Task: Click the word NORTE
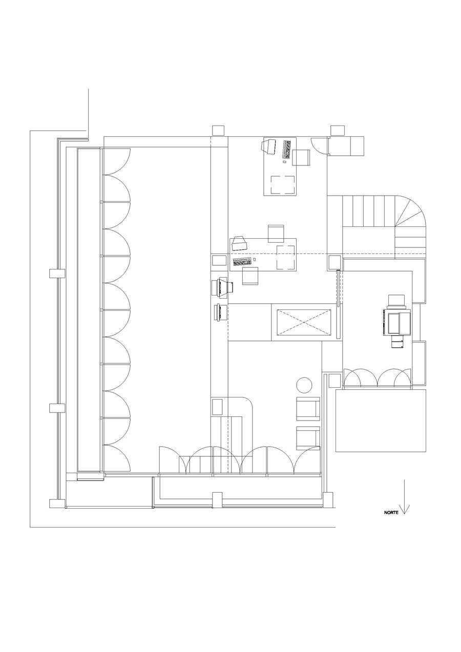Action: [392, 512]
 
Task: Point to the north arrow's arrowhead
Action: [405, 510]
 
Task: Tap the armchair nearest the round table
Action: [308, 409]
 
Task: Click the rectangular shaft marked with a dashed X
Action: [304, 322]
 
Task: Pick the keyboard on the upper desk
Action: [287, 149]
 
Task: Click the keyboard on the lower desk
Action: [242, 261]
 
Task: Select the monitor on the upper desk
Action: [269, 145]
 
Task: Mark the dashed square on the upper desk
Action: [282, 185]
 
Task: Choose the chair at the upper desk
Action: [301, 157]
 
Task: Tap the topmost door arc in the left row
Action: [117, 161]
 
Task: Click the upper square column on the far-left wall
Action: [57, 273]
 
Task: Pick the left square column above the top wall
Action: [219, 130]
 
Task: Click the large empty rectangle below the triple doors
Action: [381, 420]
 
